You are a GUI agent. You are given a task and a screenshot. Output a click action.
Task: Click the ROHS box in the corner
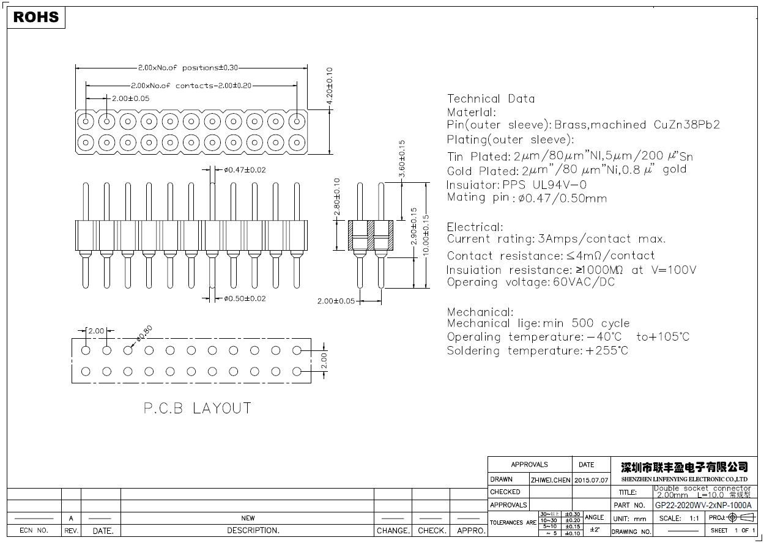36,17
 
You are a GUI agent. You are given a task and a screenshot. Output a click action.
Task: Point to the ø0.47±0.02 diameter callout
245,170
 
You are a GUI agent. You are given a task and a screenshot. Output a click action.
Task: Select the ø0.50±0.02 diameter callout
245,298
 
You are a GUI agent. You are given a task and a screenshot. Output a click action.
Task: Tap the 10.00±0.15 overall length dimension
426,238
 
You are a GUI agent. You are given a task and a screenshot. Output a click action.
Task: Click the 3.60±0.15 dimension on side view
401,159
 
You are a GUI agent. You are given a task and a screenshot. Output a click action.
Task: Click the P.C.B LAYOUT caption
197,408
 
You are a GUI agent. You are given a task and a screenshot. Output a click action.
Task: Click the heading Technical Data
491,99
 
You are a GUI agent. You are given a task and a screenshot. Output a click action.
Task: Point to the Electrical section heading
475,227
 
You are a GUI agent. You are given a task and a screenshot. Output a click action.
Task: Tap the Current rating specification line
556,239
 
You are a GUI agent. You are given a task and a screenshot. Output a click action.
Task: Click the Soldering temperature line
537,351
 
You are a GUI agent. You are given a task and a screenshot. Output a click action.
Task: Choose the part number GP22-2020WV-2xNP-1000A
703,506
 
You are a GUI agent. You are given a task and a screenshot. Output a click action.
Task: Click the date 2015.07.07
591,480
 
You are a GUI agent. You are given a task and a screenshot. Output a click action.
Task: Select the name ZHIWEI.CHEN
551,480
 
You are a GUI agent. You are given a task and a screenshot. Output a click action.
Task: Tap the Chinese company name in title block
684,467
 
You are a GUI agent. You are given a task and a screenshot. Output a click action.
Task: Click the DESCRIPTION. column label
253,531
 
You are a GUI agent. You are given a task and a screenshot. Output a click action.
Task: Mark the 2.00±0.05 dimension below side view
336,301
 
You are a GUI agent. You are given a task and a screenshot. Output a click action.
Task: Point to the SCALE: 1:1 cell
679,519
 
